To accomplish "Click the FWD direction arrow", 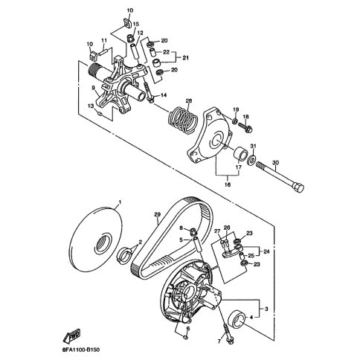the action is [x=73, y=335].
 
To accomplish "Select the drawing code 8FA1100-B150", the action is [x=80, y=350].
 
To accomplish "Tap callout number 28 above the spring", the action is [x=189, y=101].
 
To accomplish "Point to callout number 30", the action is [x=276, y=163].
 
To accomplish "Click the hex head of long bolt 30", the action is [x=298, y=187].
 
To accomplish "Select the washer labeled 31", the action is [x=252, y=160].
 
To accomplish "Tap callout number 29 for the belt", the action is [x=158, y=214].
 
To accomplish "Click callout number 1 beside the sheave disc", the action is [x=120, y=202].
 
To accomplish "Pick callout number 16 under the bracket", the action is [x=228, y=184].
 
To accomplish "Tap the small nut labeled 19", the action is [x=234, y=121].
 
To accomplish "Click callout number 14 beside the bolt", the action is [x=164, y=95].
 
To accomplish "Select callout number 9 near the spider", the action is [x=93, y=88].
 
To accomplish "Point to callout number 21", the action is [x=185, y=58].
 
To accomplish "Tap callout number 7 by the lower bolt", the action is [x=219, y=341].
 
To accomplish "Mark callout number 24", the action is [x=266, y=251].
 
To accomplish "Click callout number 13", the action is [x=91, y=106].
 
